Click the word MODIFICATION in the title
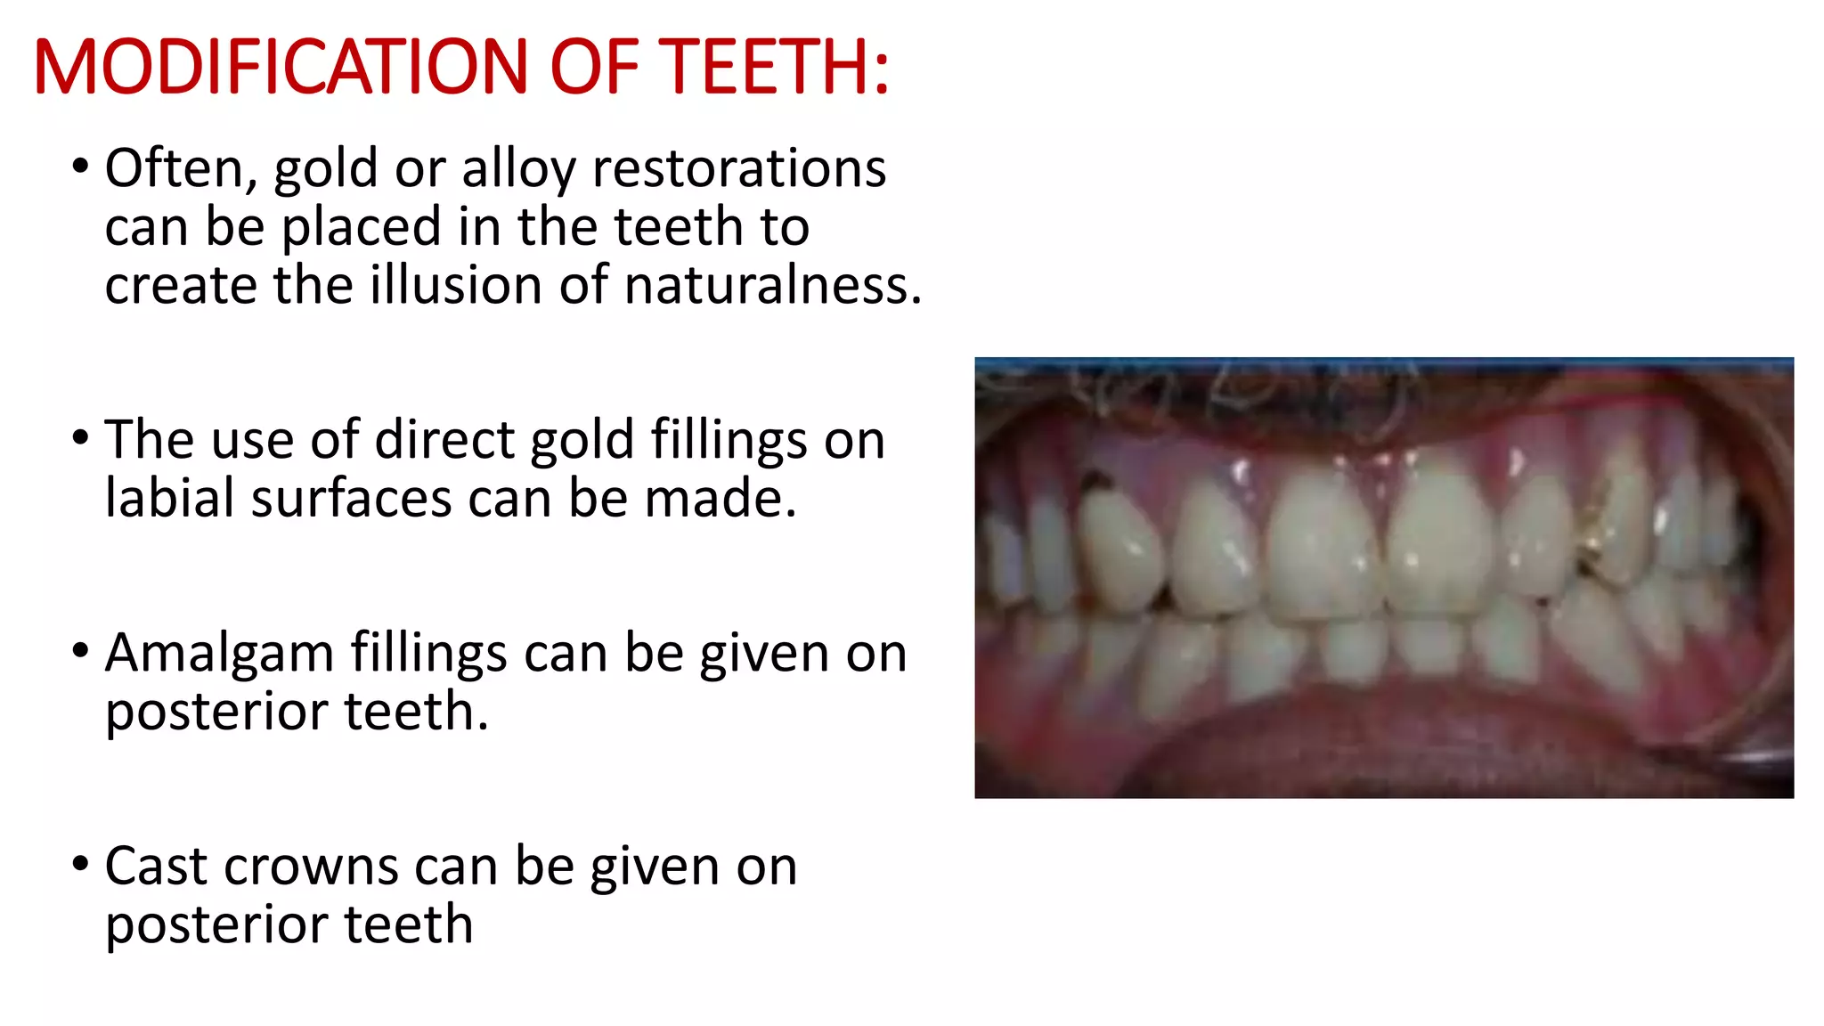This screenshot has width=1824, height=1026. click(281, 67)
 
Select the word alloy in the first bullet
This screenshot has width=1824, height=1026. click(518, 169)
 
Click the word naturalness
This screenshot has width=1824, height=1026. click(772, 285)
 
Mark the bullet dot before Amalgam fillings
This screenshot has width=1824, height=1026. click(81, 649)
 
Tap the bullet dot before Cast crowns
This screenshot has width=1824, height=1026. click(81, 862)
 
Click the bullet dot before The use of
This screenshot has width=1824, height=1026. click(81, 436)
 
